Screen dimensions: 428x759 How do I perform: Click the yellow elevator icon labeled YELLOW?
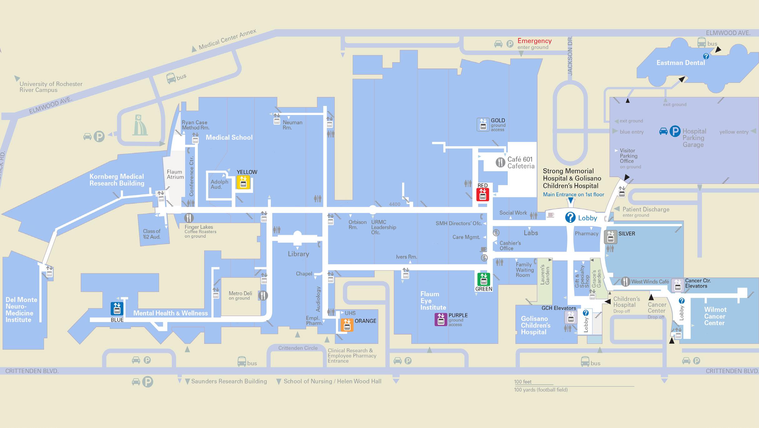click(243, 182)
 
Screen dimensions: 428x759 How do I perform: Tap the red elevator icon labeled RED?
click(482, 194)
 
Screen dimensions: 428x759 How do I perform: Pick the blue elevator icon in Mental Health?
click(117, 309)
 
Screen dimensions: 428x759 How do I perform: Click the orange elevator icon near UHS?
click(347, 325)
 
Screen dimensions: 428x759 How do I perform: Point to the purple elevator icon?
click(441, 319)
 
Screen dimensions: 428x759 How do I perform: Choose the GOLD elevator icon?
click(483, 124)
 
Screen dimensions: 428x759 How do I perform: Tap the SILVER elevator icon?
click(610, 237)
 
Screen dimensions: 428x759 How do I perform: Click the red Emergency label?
click(534, 41)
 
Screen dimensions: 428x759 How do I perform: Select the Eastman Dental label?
click(681, 63)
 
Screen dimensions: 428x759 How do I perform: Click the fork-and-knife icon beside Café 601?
click(501, 162)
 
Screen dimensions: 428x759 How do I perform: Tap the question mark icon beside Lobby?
click(570, 217)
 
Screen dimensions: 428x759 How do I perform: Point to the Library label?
click(298, 254)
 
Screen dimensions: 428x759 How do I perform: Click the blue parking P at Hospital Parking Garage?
click(675, 131)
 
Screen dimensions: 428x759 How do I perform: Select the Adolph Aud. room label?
click(219, 184)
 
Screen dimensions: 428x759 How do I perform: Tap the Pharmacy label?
click(587, 233)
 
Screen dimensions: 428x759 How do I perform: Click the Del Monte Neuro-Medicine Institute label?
click(21, 310)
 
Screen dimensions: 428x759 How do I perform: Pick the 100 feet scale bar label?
click(523, 382)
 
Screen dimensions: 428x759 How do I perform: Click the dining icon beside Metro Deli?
click(263, 295)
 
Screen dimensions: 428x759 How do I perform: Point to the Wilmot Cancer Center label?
click(715, 316)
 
